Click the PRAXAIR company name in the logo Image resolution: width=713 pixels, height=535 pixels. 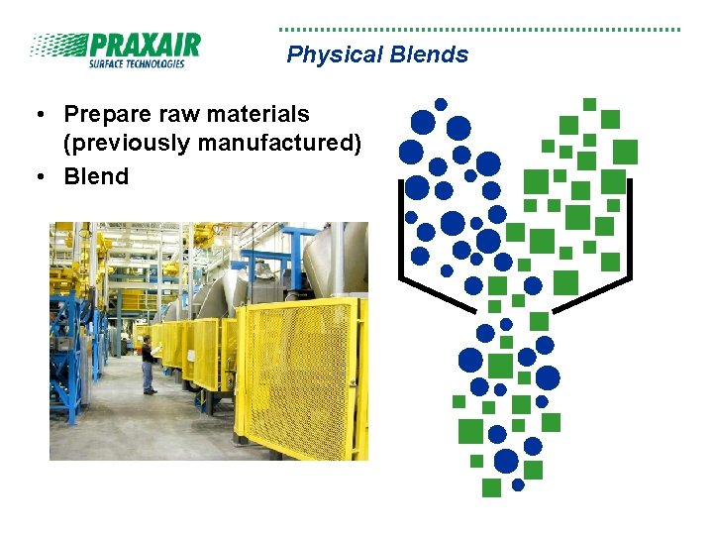(144, 46)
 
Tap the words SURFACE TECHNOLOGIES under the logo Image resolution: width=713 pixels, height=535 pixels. (137, 64)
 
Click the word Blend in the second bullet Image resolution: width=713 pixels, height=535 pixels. (96, 176)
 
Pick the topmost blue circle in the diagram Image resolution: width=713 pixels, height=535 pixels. (441, 104)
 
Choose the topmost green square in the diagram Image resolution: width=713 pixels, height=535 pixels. (589, 104)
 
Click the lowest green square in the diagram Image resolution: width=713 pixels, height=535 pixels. (491, 487)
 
